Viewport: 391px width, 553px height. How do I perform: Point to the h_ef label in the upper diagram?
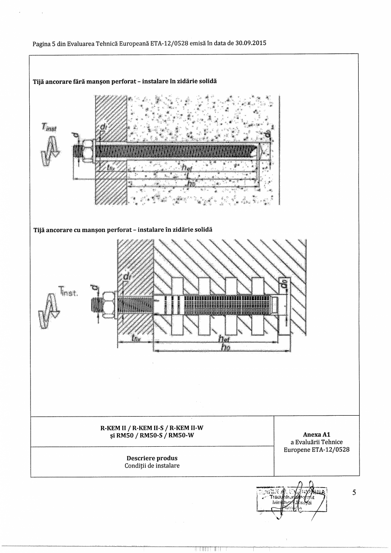(186, 169)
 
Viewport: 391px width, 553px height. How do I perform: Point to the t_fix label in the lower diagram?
(136, 339)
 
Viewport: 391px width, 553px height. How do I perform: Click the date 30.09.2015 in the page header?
(251, 43)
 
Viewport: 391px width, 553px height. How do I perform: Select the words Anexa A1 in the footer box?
(316, 435)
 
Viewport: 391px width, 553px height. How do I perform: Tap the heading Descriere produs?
(152, 458)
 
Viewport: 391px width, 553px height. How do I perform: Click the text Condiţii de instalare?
(152, 465)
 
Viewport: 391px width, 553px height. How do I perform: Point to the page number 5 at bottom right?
(354, 493)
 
